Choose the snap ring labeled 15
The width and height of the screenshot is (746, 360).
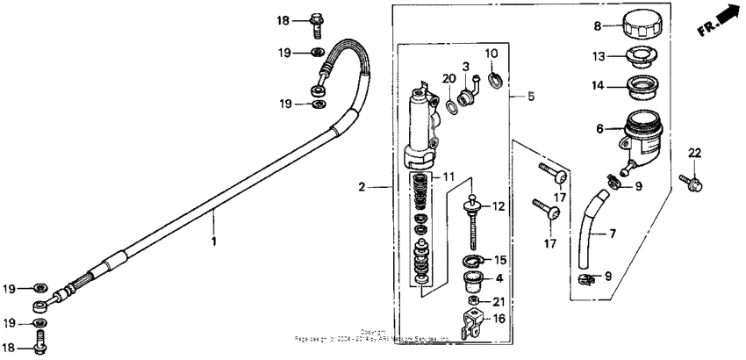[474, 260]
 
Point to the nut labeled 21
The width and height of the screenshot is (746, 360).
[474, 304]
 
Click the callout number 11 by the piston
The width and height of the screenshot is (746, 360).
[448, 178]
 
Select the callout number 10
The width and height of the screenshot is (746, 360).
[491, 53]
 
